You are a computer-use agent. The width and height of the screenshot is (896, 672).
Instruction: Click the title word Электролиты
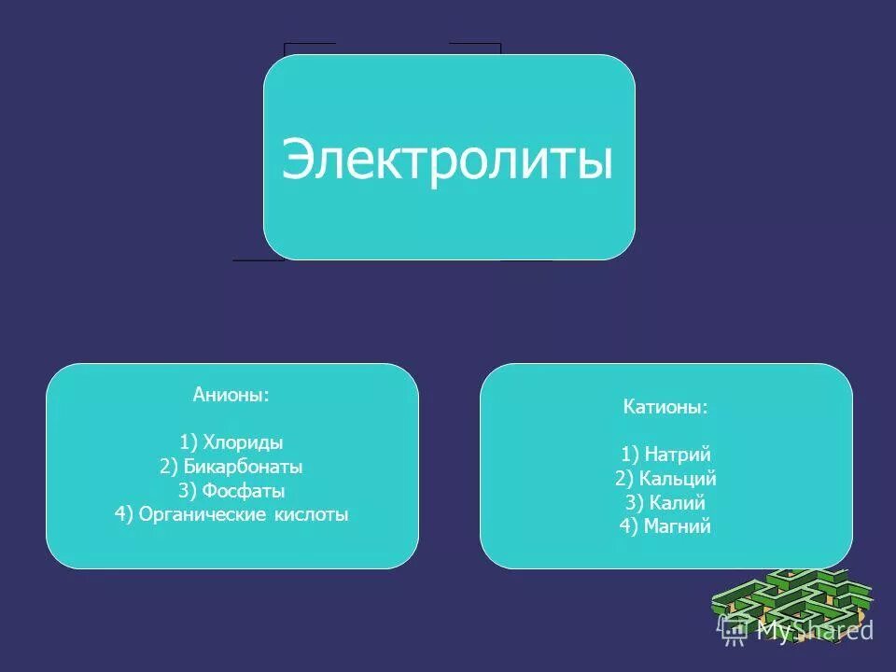448,160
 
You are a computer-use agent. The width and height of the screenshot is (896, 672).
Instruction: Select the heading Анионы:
231,395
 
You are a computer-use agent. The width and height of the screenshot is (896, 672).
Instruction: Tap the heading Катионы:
665,408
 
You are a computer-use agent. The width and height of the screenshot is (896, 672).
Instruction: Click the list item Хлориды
244,442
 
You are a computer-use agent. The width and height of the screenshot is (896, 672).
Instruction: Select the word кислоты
315,515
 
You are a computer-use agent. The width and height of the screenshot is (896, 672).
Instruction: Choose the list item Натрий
679,455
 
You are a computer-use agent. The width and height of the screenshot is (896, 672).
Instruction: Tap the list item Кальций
679,479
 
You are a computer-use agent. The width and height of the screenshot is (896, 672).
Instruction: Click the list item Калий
679,503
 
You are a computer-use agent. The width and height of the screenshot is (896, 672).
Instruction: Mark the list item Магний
678,527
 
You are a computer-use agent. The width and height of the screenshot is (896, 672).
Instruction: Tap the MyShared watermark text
814,631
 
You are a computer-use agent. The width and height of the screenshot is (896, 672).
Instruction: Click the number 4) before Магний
628,527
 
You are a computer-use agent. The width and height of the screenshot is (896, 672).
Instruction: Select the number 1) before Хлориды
190,442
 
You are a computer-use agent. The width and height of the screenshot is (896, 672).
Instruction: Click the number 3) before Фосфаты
189,491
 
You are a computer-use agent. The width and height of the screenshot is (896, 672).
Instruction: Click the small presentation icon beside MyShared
733,631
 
